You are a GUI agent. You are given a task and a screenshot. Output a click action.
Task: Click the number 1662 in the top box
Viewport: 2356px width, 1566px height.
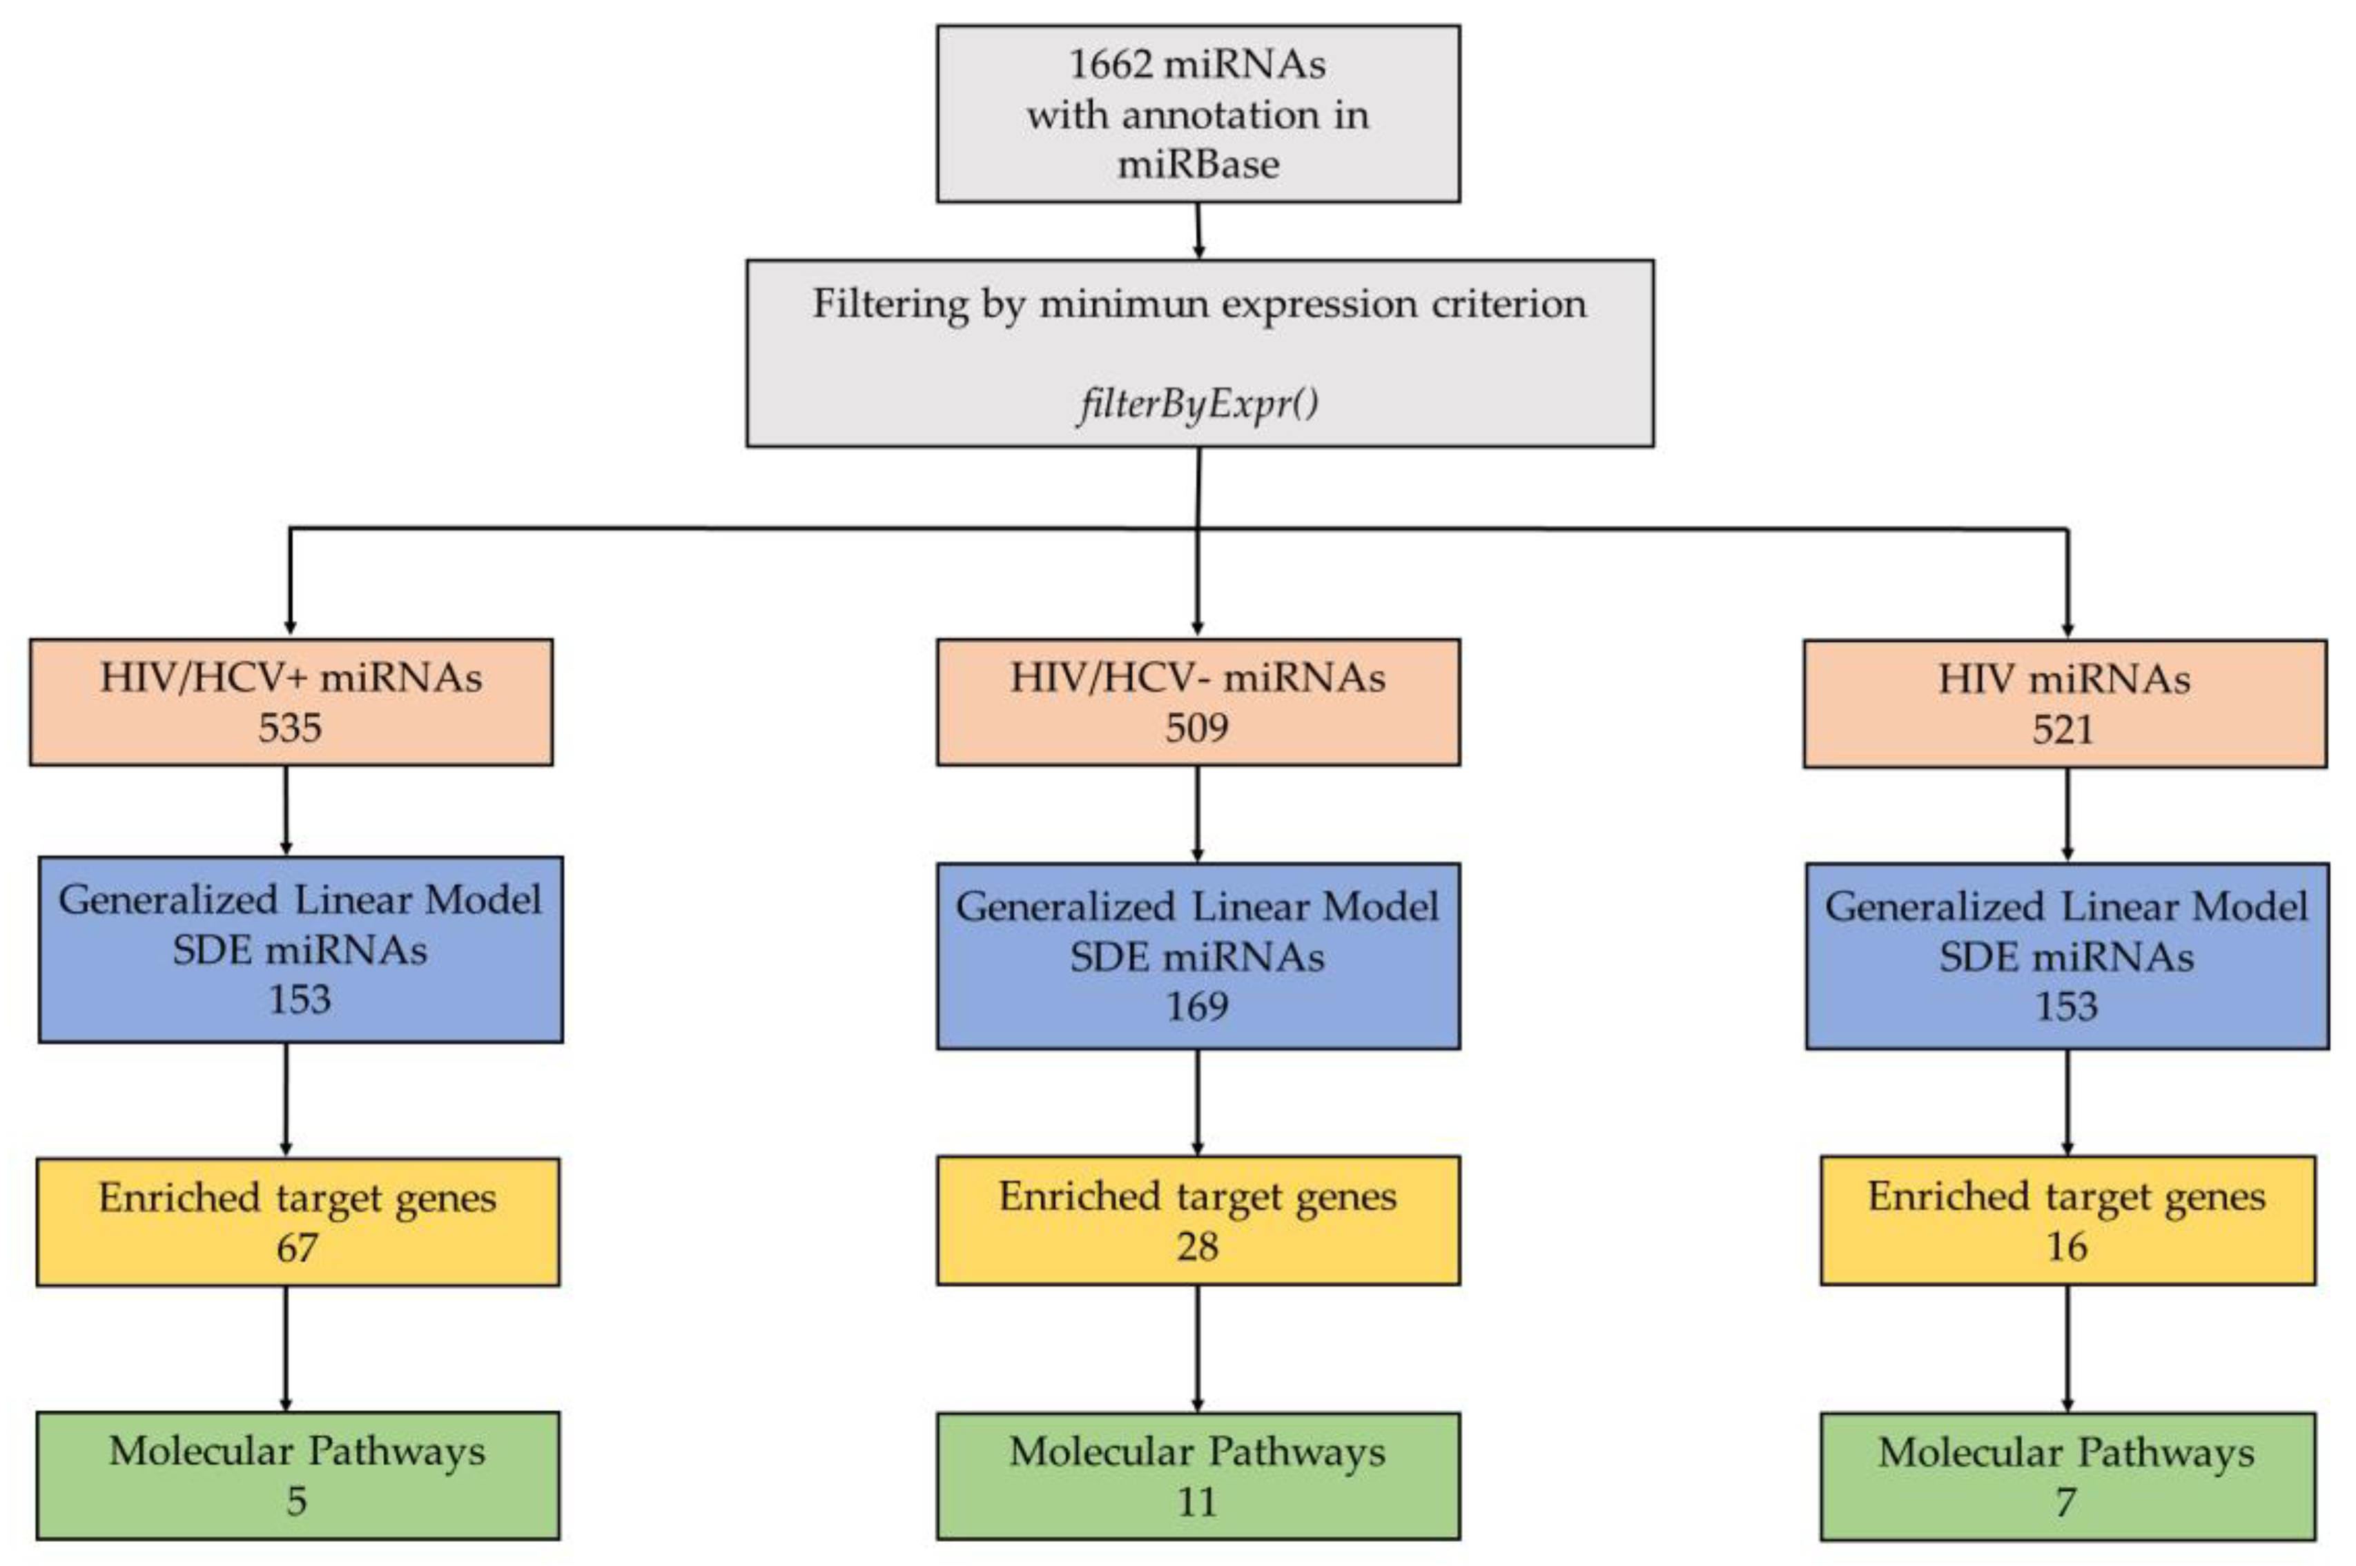(1110, 65)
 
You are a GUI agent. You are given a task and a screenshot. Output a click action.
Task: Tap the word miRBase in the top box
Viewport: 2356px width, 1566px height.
(1197, 163)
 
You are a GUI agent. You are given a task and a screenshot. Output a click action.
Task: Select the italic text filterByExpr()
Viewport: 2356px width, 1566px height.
(1197, 404)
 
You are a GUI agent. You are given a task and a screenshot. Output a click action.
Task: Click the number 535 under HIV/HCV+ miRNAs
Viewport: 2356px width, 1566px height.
(290, 727)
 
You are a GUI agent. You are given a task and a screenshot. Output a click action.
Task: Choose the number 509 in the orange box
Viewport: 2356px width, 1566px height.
(1196, 727)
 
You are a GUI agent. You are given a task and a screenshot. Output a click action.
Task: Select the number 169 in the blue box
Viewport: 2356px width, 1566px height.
(1196, 1006)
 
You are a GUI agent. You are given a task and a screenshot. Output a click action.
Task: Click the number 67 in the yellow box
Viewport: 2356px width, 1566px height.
(297, 1247)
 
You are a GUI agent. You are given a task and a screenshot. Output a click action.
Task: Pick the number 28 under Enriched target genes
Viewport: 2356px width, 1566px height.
(1197, 1247)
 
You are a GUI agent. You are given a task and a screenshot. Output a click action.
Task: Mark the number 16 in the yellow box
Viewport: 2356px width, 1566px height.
(2066, 1247)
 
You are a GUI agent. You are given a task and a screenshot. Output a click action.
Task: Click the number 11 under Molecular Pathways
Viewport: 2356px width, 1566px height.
(1197, 1501)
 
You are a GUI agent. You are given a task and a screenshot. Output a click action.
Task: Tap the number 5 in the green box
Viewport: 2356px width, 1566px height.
(297, 1501)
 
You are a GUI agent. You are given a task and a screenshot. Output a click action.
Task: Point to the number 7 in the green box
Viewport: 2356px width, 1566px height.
(2066, 1501)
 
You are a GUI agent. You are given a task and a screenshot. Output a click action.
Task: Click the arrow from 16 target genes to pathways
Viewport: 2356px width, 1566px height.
(2067, 1347)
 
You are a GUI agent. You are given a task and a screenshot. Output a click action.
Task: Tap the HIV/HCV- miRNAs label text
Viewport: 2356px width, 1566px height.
(1197, 678)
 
